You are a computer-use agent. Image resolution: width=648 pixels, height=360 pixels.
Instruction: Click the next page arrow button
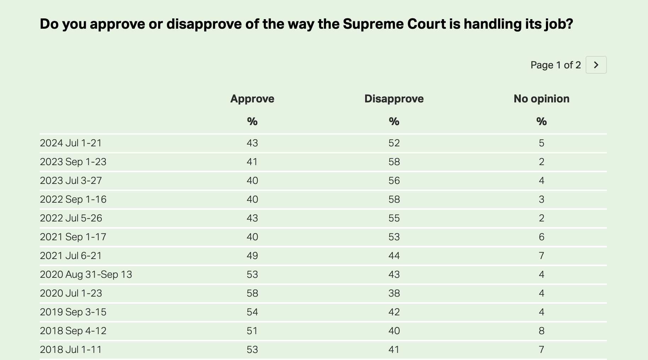[596, 65]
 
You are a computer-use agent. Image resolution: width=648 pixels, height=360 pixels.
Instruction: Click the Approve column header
[252, 99]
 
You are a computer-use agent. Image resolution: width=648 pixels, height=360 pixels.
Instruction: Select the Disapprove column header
[394, 99]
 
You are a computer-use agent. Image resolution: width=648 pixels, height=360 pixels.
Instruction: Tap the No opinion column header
[541, 99]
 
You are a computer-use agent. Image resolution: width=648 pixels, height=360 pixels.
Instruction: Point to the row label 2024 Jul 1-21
[71, 143]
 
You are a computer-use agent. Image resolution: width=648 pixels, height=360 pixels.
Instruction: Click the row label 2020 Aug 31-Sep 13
[86, 275]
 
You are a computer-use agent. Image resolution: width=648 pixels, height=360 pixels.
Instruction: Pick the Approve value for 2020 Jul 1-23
[252, 293]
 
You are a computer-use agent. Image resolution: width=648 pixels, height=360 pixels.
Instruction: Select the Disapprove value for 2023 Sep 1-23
[394, 162]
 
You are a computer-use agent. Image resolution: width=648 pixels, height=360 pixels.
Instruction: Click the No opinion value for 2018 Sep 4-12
[541, 331]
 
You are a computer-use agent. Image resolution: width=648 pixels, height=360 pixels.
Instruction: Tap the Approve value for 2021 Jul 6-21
[252, 256]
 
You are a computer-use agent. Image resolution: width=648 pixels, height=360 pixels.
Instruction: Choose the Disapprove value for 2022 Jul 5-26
[394, 218]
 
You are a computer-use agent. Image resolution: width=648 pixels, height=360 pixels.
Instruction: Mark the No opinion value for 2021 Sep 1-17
[541, 237]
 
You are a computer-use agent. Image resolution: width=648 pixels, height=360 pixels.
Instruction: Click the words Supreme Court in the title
[394, 24]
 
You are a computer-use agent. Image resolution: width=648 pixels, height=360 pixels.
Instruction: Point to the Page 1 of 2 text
[555, 65]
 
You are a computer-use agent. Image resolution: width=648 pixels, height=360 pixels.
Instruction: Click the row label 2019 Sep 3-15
[73, 312]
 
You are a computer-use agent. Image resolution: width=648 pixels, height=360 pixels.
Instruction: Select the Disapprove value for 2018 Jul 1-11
[394, 350]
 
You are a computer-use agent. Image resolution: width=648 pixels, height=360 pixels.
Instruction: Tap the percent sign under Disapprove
[394, 122]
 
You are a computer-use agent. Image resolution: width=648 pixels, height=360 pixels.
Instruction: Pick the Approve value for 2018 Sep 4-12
[252, 331]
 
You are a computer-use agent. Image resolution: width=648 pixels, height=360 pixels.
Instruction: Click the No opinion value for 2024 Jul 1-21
[541, 143]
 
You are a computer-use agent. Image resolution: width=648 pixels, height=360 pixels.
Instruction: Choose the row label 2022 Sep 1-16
[73, 199]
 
